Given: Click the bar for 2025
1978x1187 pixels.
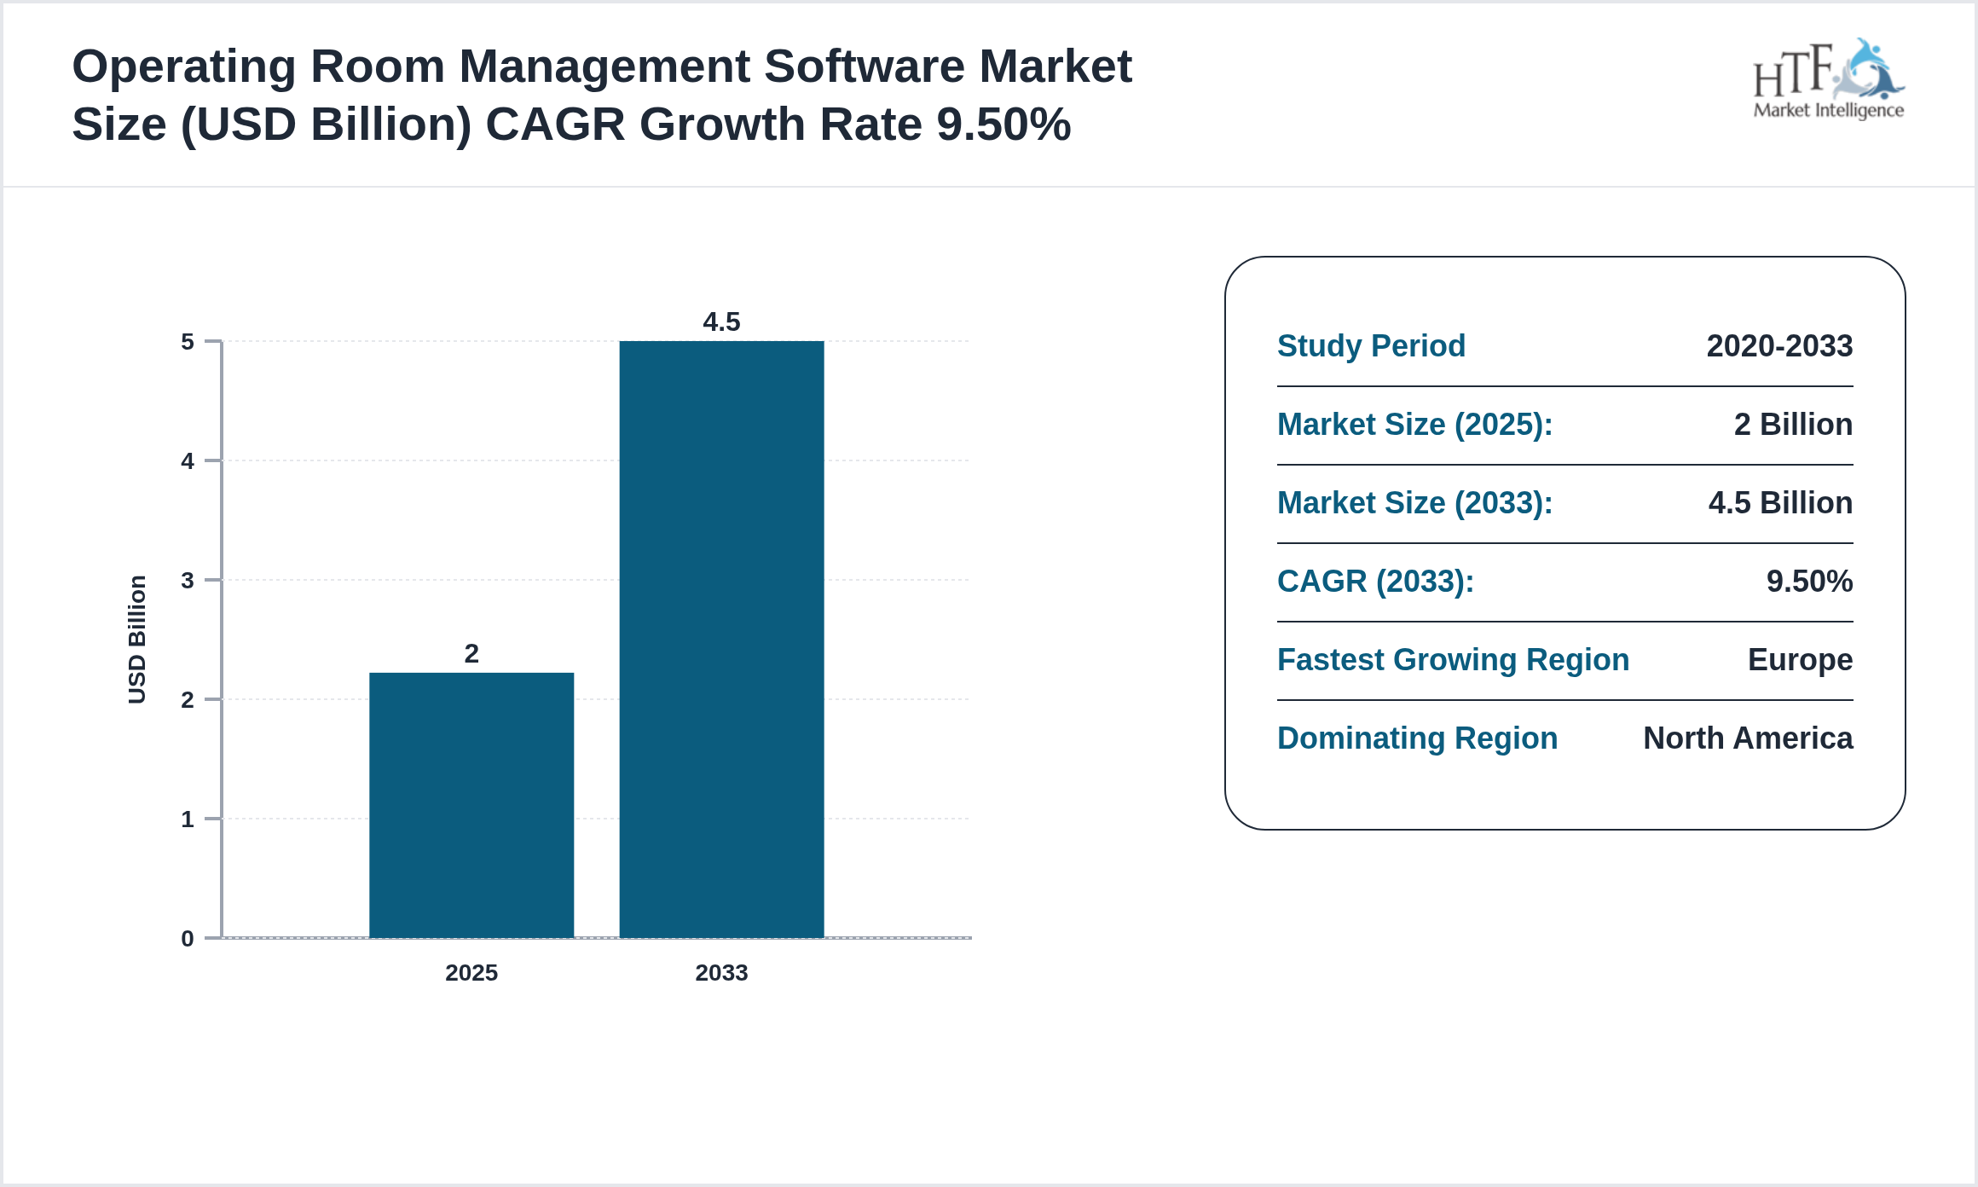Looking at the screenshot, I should (x=471, y=805).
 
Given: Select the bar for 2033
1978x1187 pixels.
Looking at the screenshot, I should (x=721, y=640).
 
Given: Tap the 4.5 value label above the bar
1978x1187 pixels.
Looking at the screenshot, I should (x=721, y=321).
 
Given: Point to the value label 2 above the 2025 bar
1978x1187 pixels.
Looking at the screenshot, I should (x=471, y=653).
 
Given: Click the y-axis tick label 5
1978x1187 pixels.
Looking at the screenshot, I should (x=188, y=342).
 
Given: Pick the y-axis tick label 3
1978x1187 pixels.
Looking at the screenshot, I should (x=188, y=581).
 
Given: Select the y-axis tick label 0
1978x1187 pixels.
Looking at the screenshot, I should (x=188, y=939).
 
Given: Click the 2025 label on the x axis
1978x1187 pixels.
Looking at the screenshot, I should (x=471, y=972).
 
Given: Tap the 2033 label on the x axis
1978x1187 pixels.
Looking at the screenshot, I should (x=721, y=972).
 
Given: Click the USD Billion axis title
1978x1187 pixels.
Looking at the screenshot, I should (x=137, y=640).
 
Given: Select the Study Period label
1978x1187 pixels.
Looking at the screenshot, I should (x=1371, y=346).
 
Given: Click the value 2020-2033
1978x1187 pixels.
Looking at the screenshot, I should (x=1779, y=346).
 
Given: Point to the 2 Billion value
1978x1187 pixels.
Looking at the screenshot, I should (x=1793, y=425).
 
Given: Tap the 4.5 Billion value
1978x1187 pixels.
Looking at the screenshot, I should (x=1780, y=503).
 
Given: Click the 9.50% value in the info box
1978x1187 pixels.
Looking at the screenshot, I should (x=1809, y=582).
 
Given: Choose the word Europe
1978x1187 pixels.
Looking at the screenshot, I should (x=1800, y=660).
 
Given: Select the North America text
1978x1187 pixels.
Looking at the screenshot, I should (x=1748, y=738).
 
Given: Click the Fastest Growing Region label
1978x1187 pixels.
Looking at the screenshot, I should (x=1453, y=660).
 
